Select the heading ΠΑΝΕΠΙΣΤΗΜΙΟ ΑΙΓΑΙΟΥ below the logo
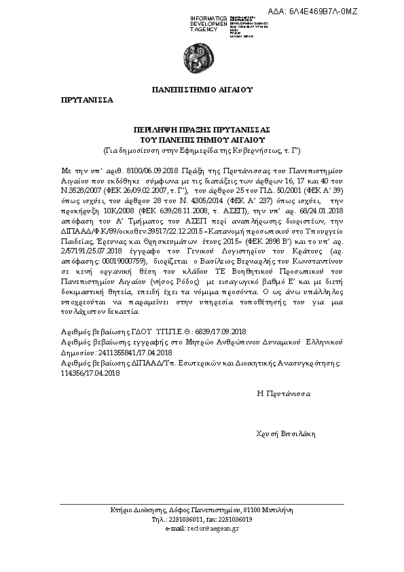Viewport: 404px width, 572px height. point(202,89)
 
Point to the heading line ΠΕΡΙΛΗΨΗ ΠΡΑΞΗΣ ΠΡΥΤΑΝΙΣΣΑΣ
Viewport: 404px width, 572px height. point(202,129)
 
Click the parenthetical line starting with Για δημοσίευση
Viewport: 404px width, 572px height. point(202,148)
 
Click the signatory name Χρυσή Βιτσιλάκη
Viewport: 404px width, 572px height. point(287,433)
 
